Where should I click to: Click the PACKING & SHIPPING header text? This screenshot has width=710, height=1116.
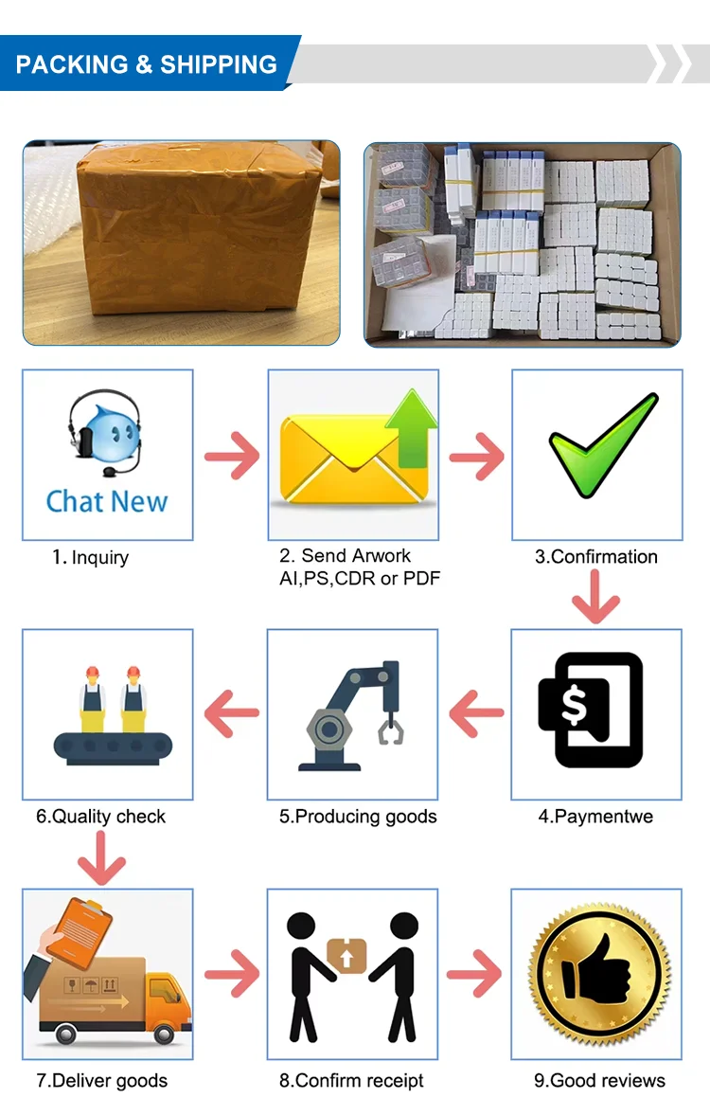tap(147, 64)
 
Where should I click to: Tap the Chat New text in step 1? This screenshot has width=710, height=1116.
tap(107, 501)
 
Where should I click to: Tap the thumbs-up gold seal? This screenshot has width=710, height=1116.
tap(596, 975)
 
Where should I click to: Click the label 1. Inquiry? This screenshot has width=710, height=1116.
tap(90, 557)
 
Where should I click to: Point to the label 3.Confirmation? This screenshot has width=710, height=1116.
tap(596, 556)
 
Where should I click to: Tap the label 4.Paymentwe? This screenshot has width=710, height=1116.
tap(595, 816)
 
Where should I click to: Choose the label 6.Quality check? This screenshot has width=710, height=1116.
tap(100, 816)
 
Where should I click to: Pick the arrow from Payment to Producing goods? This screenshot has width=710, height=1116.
tap(475, 713)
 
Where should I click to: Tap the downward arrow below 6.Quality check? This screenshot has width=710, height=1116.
tap(102, 858)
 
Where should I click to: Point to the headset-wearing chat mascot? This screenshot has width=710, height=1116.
tap(104, 437)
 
